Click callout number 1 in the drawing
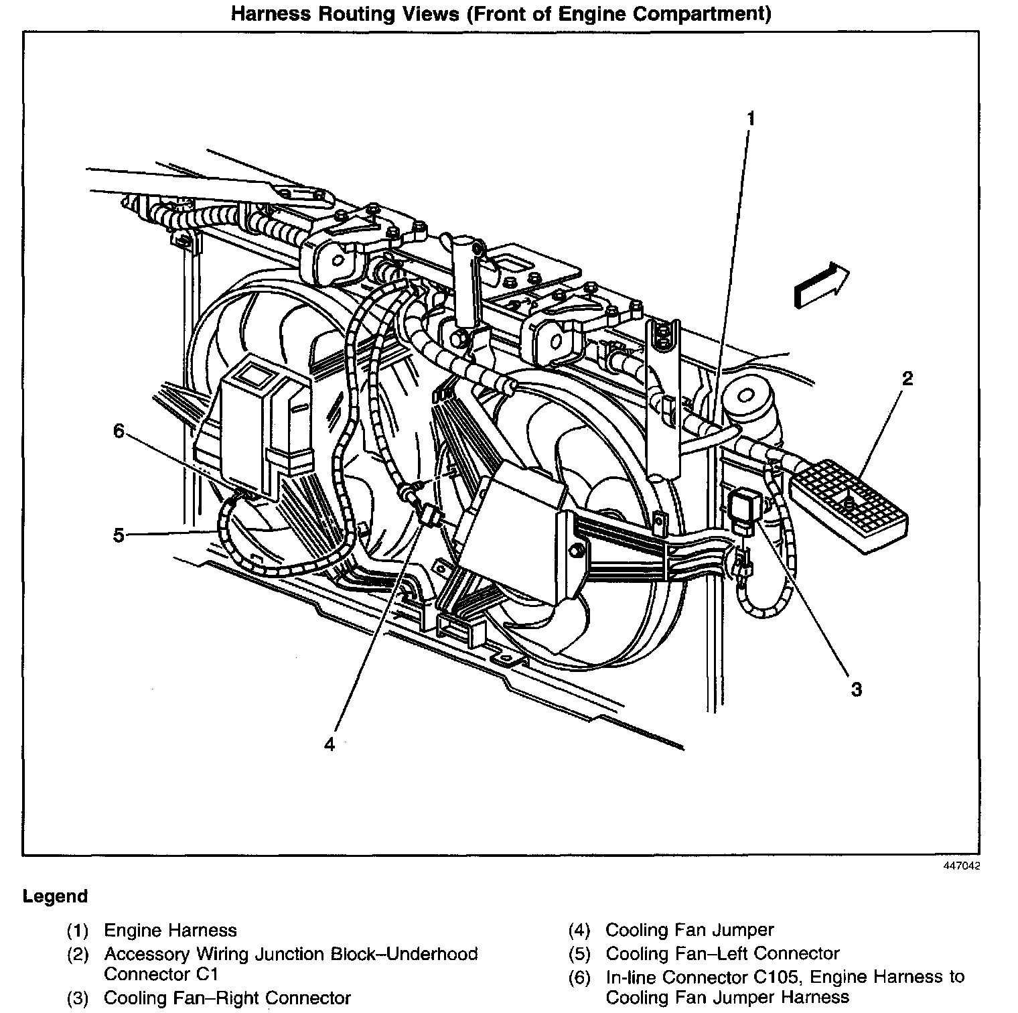tap(751, 119)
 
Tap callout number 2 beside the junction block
tap(907, 379)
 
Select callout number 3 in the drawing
tap(857, 689)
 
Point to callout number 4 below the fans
tap(329, 744)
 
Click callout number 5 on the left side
tap(119, 535)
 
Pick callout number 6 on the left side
tap(119, 431)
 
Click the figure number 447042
tap(962, 866)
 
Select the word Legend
tap(55, 896)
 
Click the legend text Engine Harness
tap(170, 931)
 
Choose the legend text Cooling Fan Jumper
tap(689, 930)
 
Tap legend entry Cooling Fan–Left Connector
tap(722, 953)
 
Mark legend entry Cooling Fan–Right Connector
tap(227, 998)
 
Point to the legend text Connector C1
tap(161, 973)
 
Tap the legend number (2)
tap(78, 954)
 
